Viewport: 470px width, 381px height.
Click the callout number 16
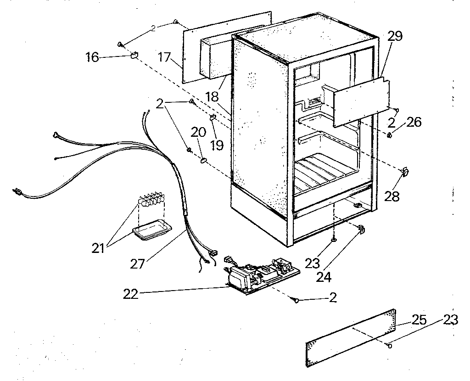[92, 57]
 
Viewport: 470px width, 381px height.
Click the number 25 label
[419, 320]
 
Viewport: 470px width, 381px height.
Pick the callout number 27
[138, 263]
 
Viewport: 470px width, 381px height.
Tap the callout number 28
[392, 196]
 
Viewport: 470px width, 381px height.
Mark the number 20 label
[198, 133]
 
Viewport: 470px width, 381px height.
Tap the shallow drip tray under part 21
[151, 230]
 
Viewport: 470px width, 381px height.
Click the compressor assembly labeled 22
[259, 274]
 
